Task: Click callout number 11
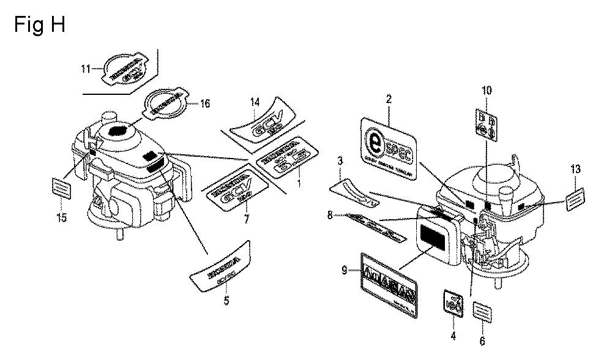pos(86,68)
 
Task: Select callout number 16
pos(205,103)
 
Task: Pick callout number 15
pos(62,217)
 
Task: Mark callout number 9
pos(344,268)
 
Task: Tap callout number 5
pos(226,301)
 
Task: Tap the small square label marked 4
pos(453,303)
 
